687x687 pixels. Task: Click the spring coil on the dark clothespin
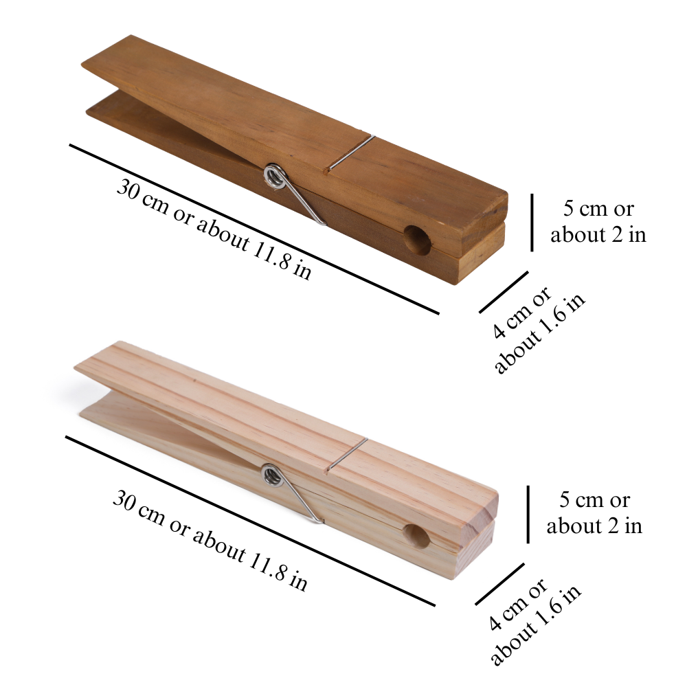point(274,177)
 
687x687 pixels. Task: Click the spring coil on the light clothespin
point(271,475)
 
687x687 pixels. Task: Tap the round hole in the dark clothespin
point(417,239)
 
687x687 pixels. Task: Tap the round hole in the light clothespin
point(416,536)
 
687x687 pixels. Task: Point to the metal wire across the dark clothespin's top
point(351,152)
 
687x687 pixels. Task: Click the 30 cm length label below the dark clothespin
point(214,229)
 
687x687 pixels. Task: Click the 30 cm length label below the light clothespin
point(210,540)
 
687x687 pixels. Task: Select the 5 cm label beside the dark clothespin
point(598,221)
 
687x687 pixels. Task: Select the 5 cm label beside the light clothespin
point(594,513)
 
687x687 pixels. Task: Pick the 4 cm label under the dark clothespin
point(538,331)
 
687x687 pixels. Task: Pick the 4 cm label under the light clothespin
point(534,622)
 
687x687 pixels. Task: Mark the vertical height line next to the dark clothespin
point(532,223)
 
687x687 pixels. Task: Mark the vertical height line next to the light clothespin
point(528,515)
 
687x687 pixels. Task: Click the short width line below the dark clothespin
point(504,292)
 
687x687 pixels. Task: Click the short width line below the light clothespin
point(499,584)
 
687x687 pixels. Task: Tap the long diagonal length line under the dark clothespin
point(254,229)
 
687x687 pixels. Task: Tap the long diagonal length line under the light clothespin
point(250,521)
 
